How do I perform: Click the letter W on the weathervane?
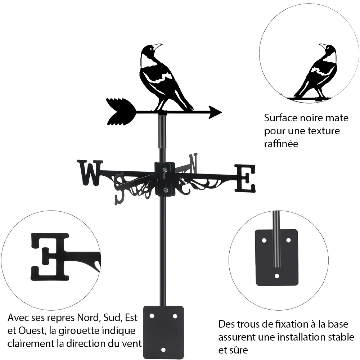(90, 173)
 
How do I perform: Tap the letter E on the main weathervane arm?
(245, 179)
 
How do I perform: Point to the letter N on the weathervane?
(193, 163)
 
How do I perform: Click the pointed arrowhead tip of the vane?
(221, 112)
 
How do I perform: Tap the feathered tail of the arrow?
(121, 112)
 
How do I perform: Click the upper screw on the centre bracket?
(165, 170)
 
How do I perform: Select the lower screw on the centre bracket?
(165, 190)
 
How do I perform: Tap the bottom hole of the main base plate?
(163, 350)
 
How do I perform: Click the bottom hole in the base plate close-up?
(277, 276)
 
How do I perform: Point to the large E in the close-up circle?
(50, 257)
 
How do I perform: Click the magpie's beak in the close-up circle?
(323, 45)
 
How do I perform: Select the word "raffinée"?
(281, 144)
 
